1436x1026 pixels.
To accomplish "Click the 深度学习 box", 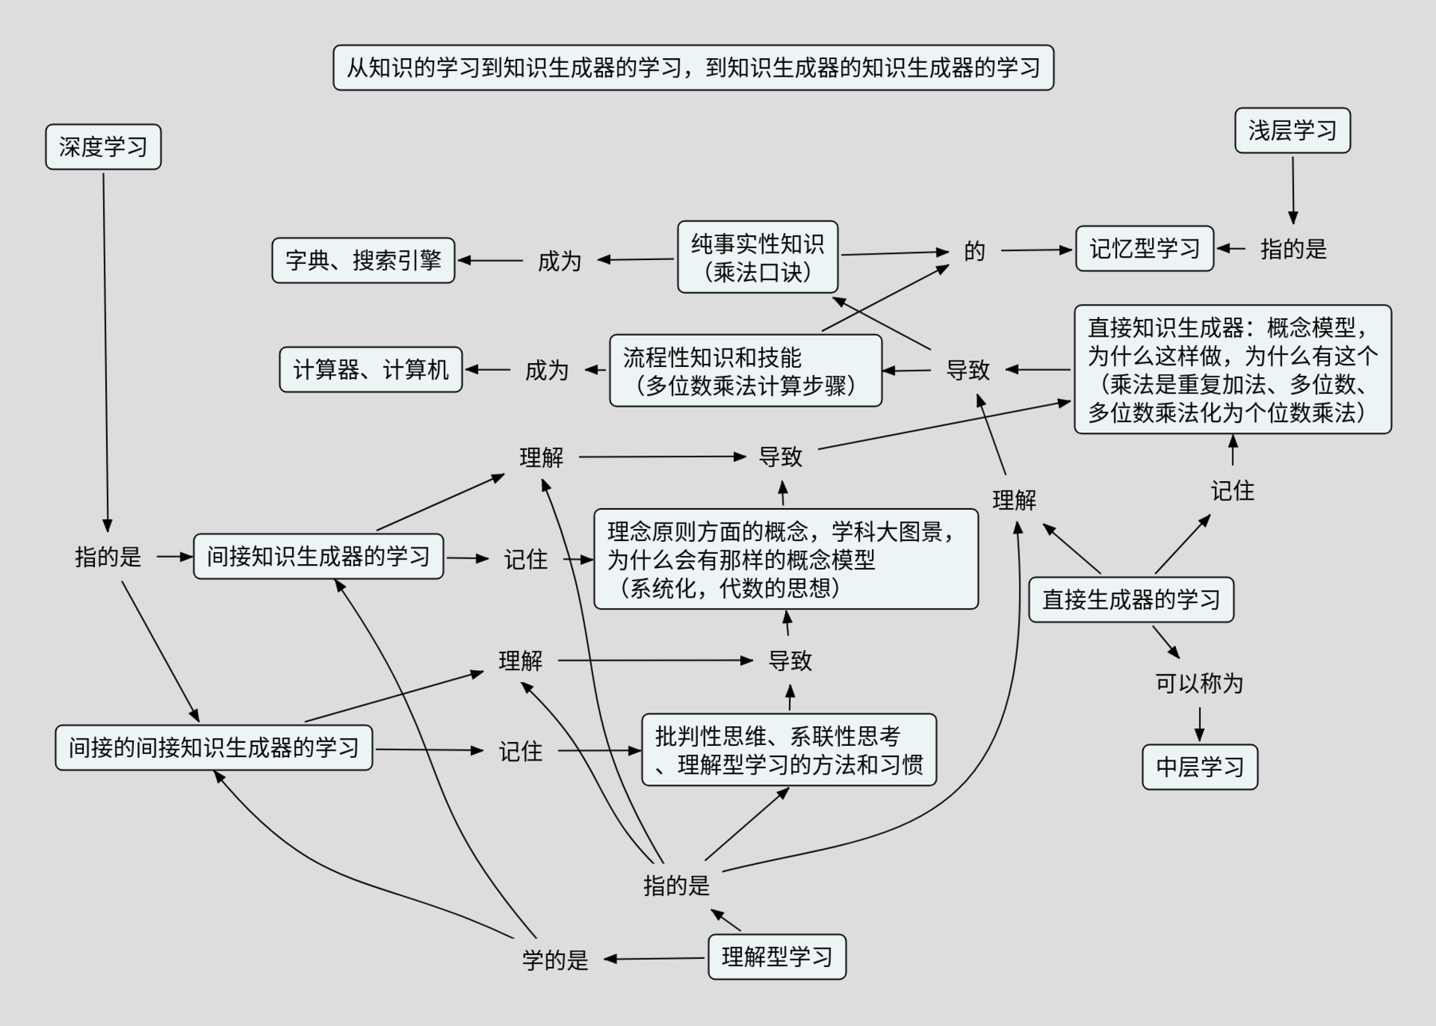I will pyautogui.click(x=103, y=147).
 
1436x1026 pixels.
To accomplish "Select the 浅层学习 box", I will pyautogui.click(x=1292, y=131).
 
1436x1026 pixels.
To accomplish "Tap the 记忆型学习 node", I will pyautogui.click(x=1144, y=249).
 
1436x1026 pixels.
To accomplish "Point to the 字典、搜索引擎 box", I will pyautogui.click(x=363, y=260).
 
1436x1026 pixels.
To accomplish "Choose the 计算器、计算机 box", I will pyautogui.click(x=370, y=369).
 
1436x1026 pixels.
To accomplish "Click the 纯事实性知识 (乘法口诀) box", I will pyautogui.click(x=757, y=257).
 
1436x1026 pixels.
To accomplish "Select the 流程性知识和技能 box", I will pyautogui.click(x=745, y=371).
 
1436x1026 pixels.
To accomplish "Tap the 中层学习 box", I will pyautogui.click(x=1199, y=767).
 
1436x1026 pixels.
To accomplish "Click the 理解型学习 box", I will pyautogui.click(x=776, y=957).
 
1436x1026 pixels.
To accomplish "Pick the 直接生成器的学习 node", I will pyautogui.click(x=1130, y=600).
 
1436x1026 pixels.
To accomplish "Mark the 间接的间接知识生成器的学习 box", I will pyautogui.click(x=214, y=748).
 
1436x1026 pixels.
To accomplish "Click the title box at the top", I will pyautogui.click(x=692, y=68).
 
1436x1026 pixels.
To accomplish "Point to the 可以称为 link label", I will pyautogui.click(x=1199, y=684).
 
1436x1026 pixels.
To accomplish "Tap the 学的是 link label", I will pyautogui.click(x=555, y=960).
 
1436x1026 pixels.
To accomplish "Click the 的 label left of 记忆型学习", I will pyautogui.click(x=974, y=251).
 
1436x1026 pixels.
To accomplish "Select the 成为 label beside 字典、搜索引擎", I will pyautogui.click(x=558, y=261).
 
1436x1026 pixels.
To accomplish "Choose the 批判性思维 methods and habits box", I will pyautogui.click(x=788, y=750).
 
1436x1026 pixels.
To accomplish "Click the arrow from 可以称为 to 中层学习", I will pyautogui.click(x=1199, y=723).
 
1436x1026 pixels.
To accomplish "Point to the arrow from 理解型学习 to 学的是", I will pyautogui.click(x=654, y=958).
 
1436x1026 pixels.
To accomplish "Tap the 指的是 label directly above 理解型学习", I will pyautogui.click(x=676, y=886).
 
